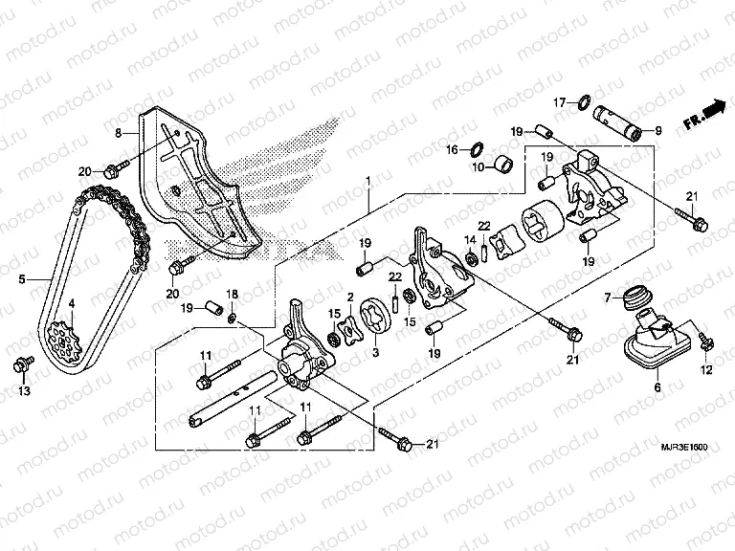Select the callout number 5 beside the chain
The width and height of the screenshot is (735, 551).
(x=21, y=281)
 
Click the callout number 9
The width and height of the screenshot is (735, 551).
(x=657, y=130)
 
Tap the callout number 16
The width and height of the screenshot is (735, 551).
(x=452, y=149)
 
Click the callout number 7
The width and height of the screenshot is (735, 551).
(x=605, y=299)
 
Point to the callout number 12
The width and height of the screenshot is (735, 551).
(x=708, y=369)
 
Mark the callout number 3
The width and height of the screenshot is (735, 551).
(x=374, y=353)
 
